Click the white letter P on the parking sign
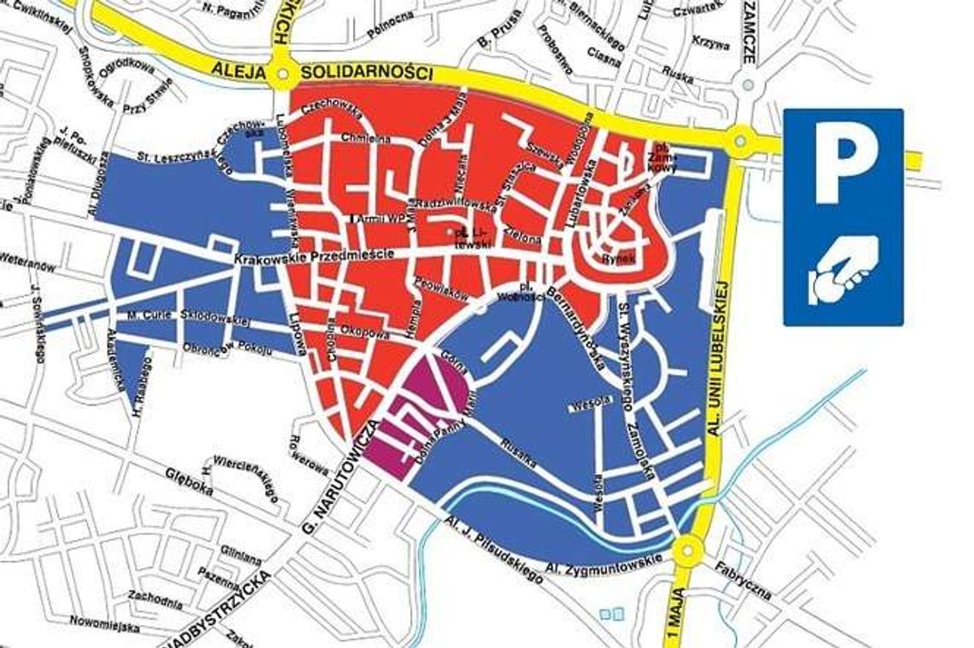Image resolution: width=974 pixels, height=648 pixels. [842, 167]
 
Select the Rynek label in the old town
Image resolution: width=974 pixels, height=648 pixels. [617, 256]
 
